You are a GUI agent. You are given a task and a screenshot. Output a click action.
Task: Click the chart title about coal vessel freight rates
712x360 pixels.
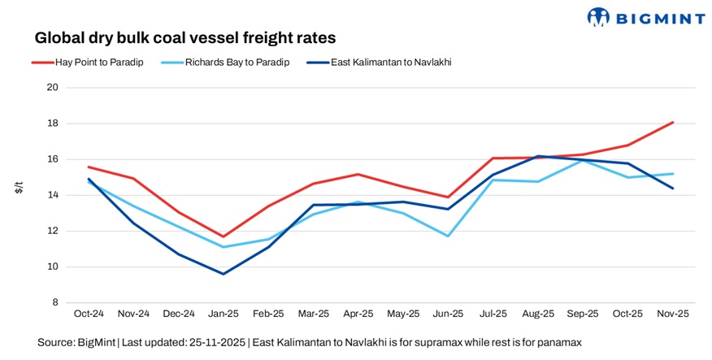(x=185, y=38)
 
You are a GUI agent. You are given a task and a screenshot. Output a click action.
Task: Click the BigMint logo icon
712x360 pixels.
(x=598, y=16)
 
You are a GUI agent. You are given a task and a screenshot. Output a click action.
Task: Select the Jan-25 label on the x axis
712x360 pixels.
(x=224, y=314)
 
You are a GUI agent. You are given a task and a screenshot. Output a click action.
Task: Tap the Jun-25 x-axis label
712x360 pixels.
(x=449, y=314)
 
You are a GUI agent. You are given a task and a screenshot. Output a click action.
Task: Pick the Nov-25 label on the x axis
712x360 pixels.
(x=674, y=314)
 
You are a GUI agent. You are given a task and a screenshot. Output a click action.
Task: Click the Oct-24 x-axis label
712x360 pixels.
(x=88, y=314)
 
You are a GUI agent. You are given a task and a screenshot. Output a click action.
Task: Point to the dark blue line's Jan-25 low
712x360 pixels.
(x=224, y=274)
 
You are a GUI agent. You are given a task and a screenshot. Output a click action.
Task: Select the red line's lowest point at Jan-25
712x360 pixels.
(x=224, y=236)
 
